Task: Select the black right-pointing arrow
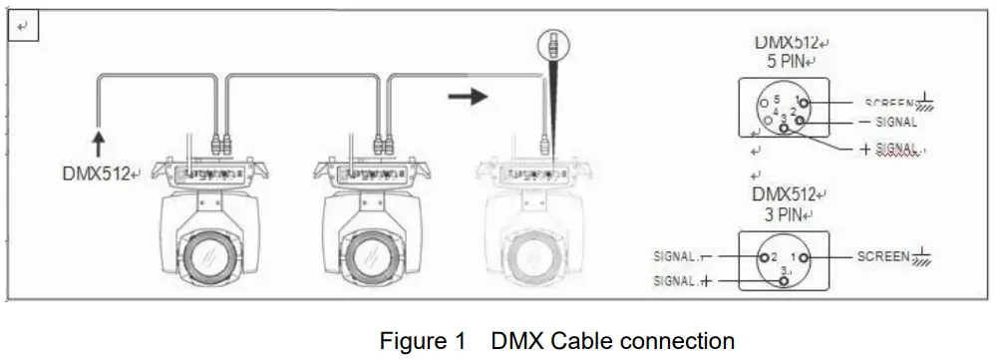pyautogui.click(x=467, y=97)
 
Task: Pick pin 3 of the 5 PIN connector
pyautogui.click(x=784, y=129)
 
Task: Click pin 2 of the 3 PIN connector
pyautogui.click(x=765, y=257)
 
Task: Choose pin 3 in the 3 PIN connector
pyautogui.click(x=784, y=279)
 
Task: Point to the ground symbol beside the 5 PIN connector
pyautogui.click(x=927, y=102)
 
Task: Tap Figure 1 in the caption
pyautogui.click(x=423, y=340)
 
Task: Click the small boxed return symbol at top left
pyautogui.click(x=23, y=27)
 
